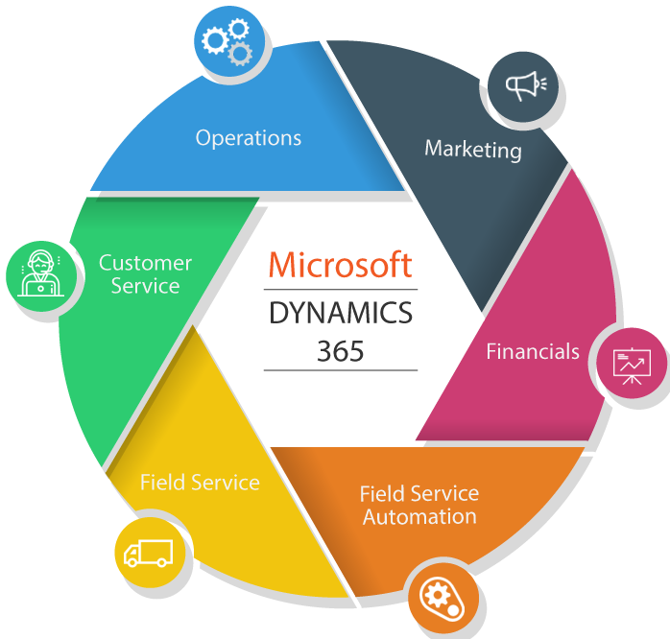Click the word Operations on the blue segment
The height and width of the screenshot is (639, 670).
pos(249,138)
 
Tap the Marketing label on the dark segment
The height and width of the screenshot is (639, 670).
pos(473,149)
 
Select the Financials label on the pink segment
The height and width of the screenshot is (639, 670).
pos(533,351)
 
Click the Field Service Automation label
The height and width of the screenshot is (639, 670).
pos(419,505)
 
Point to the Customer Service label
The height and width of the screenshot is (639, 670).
pos(145,274)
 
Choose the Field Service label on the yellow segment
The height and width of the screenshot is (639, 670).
pos(200,483)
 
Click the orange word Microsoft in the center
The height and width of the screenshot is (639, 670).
pos(340,265)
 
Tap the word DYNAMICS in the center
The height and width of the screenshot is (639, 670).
pos(341,313)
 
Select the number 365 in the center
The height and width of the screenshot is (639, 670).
pos(340,351)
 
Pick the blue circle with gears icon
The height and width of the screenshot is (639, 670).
pos(229,41)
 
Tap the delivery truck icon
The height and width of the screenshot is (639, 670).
pos(148,554)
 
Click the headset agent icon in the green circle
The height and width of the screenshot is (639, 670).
pos(40,273)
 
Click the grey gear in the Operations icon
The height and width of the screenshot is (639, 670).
pos(240,54)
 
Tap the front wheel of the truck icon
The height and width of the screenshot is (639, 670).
pos(132,562)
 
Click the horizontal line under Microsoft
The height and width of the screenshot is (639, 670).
pos(341,290)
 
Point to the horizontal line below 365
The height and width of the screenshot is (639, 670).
pos(341,370)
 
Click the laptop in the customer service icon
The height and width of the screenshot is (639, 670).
pos(40,289)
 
